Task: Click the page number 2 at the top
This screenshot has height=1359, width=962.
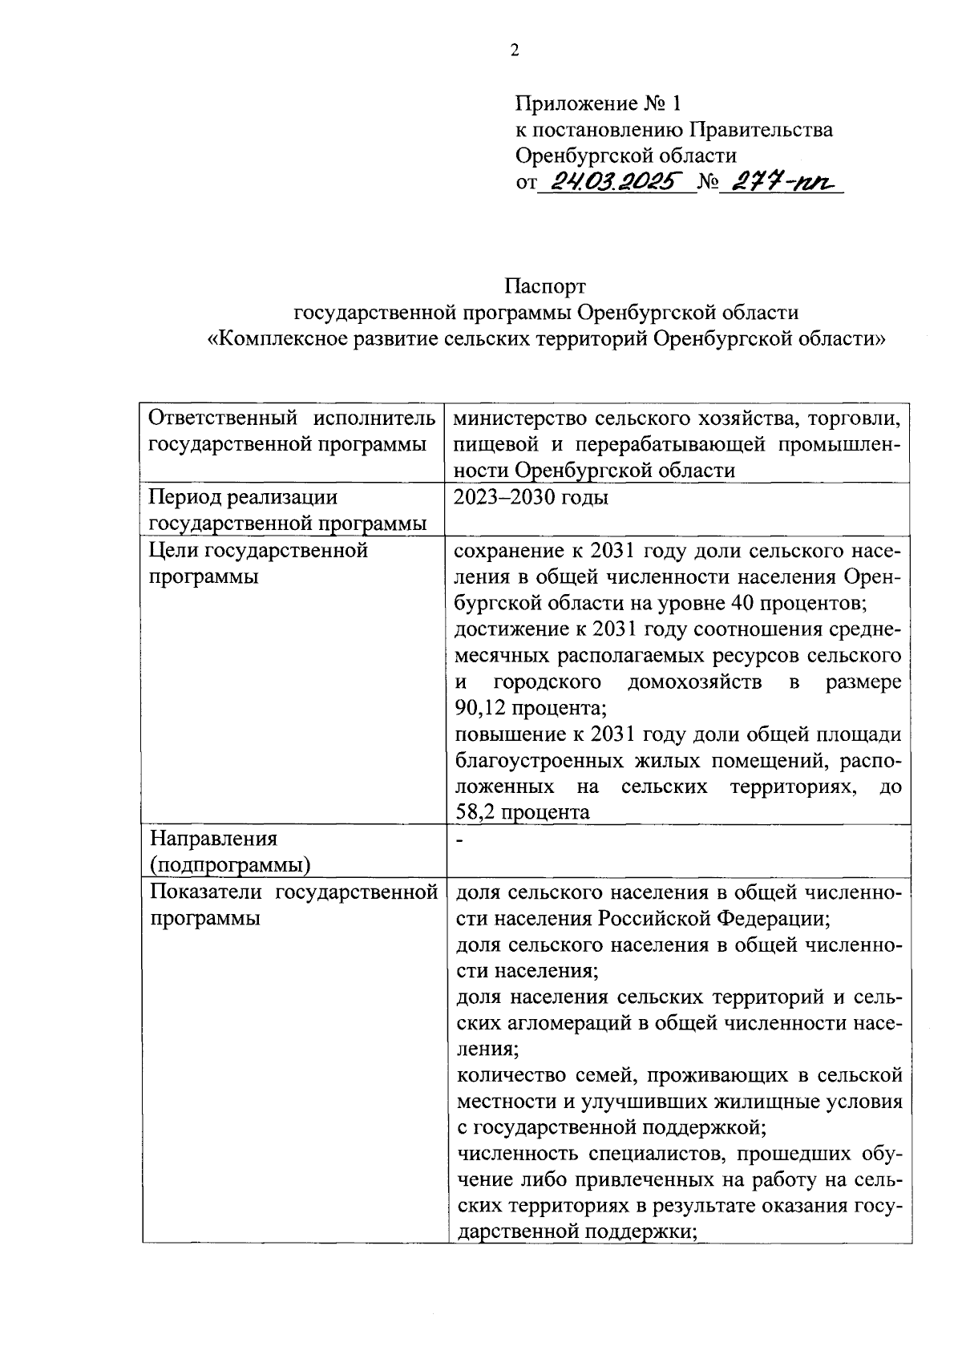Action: pyautogui.click(x=515, y=51)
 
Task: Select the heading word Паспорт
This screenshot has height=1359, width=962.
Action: pyautogui.click(x=545, y=286)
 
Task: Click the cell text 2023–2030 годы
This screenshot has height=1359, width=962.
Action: pyautogui.click(x=531, y=498)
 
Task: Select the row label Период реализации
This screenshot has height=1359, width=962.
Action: pyautogui.click(x=244, y=498)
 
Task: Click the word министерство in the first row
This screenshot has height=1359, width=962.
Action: pyautogui.click(x=520, y=419)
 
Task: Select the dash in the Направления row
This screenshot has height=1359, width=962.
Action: pyautogui.click(x=459, y=839)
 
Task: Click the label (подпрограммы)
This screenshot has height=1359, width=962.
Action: pyautogui.click(x=231, y=866)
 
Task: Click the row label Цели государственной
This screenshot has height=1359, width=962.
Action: pyautogui.click(x=259, y=551)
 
